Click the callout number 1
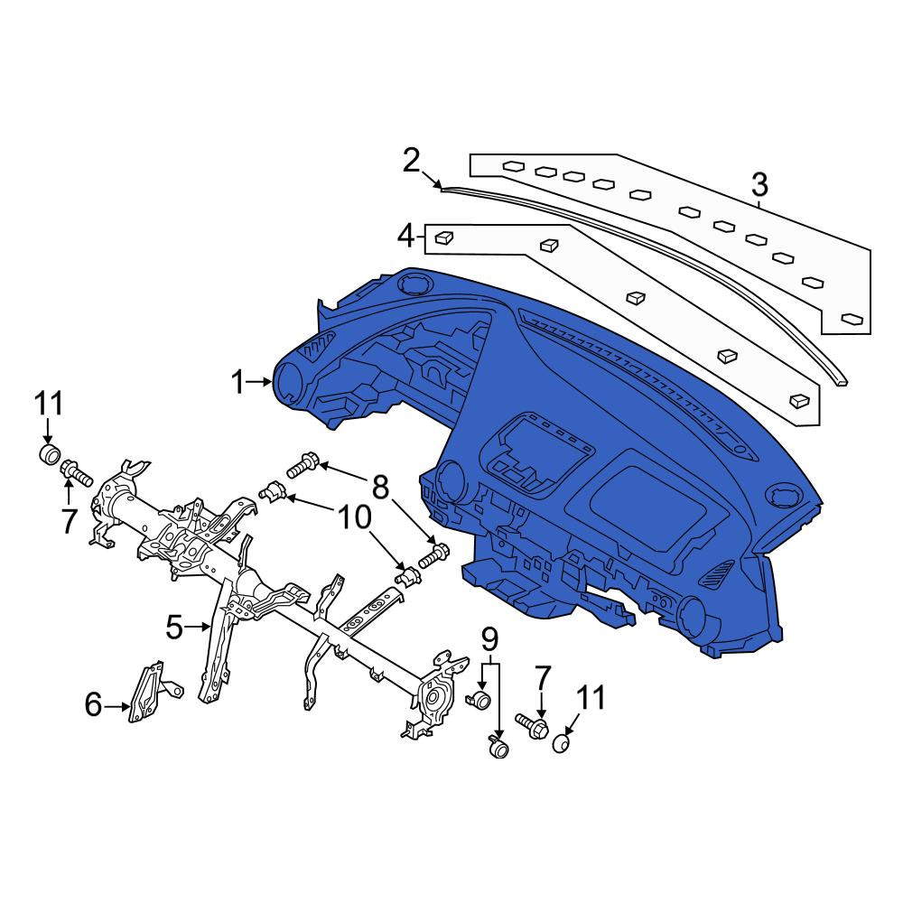[237, 382]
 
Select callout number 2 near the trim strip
[411, 161]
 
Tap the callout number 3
[759, 185]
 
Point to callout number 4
[406, 236]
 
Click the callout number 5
[174, 628]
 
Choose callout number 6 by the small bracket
[93, 704]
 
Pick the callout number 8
[381, 488]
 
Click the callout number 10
[354, 517]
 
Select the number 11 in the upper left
[49, 404]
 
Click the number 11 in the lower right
[591, 697]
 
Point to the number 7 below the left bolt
[69, 522]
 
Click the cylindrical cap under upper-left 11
[49, 453]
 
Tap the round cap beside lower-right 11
[561, 743]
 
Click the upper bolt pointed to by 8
[303, 465]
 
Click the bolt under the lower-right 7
[532, 724]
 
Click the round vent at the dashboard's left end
[289, 381]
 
